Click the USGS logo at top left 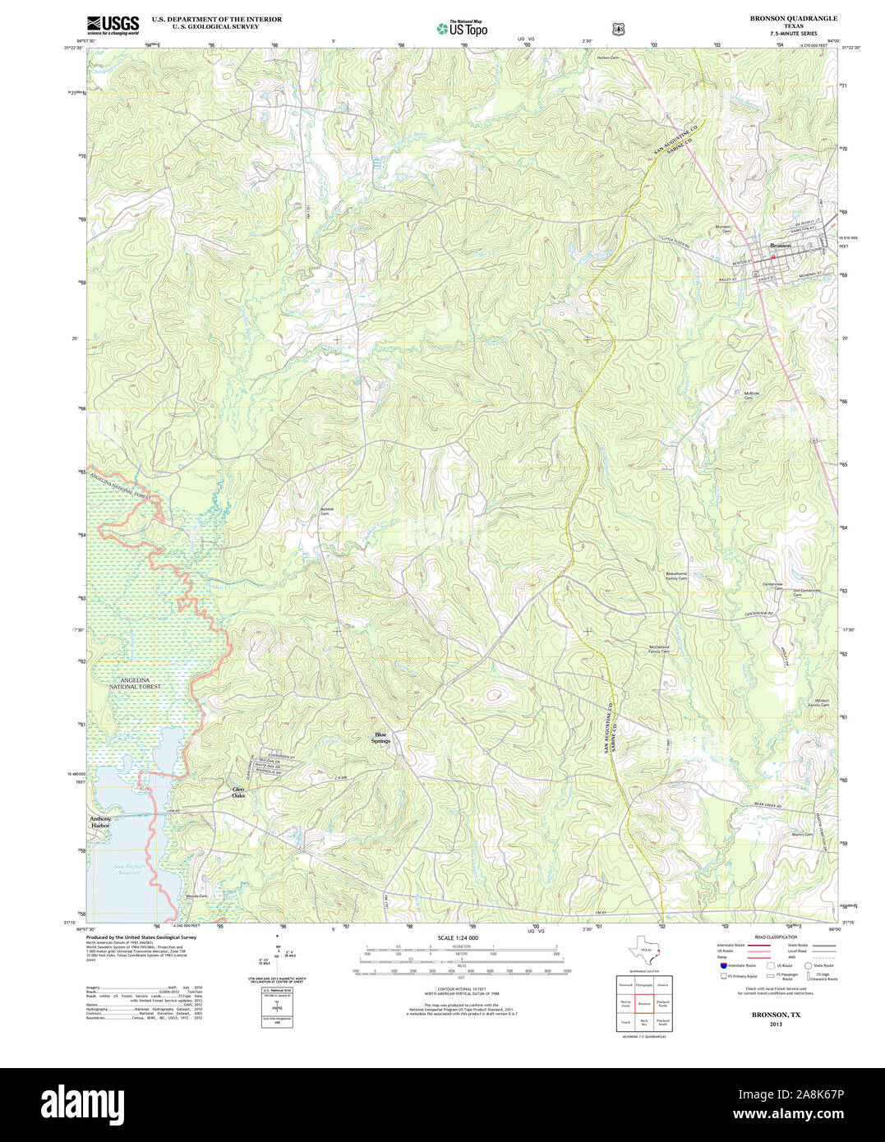(x=113, y=24)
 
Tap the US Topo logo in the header (x=462, y=28)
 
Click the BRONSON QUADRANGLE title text (x=793, y=18)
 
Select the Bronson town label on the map (x=779, y=246)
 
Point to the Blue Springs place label (x=380, y=738)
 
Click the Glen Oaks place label (x=238, y=793)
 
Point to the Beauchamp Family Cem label (x=676, y=576)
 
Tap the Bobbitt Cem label (x=329, y=513)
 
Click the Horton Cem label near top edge (x=607, y=58)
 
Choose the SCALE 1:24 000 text (x=458, y=937)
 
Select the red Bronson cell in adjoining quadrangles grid (x=644, y=1003)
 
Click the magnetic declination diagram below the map (x=279, y=953)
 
